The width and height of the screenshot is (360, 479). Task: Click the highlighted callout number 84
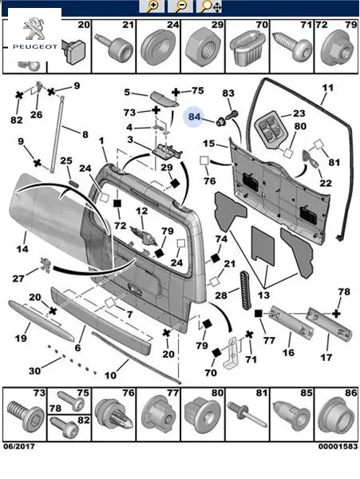coord(194,117)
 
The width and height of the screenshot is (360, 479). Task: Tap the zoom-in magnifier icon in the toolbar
coord(152,6)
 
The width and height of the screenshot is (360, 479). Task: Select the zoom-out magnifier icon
coord(180,6)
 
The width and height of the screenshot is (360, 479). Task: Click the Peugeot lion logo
coord(34,29)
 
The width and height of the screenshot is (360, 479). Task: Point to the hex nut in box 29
coord(203,47)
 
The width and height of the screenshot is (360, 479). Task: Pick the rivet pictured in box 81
coord(247,417)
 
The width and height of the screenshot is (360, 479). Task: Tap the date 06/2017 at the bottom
coord(19,446)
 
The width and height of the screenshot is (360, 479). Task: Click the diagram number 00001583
coord(338,446)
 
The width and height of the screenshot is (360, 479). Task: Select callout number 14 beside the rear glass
coord(22,249)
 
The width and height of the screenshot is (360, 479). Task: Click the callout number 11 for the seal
coord(327,88)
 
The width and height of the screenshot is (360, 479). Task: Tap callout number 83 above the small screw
coord(228,93)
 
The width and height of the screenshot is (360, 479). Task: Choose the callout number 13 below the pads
coord(263,295)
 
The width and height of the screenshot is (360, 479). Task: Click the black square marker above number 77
coord(259,314)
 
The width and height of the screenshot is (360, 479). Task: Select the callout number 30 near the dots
coord(34,371)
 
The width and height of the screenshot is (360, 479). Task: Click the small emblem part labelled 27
coord(45,265)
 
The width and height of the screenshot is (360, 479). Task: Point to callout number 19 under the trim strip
coord(21,338)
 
